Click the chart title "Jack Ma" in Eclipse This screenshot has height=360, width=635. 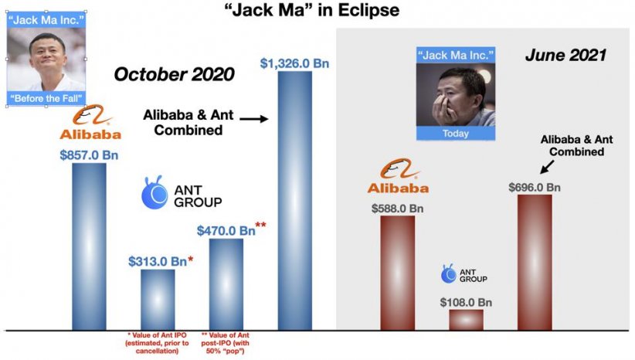pyautogui.click(x=312, y=10)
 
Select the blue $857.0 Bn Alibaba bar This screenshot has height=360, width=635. pyautogui.click(x=89, y=246)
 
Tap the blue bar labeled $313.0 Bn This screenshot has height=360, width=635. pyautogui.click(x=158, y=300)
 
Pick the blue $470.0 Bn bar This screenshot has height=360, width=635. pyautogui.click(x=226, y=285)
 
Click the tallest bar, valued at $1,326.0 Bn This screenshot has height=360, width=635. pyautogui.click(x=295, y=201)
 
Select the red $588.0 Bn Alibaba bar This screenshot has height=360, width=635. pyautogui.click(x=398, y=273)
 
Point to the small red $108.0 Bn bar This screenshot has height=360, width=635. pyautogui.click(x=466, y=320)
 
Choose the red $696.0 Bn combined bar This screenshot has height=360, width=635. pyautogui.click(x=535, y=263)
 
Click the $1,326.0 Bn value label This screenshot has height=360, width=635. pyautogui.click(x=294, y=63)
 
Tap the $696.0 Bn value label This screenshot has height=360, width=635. pyautogui.click(x=535, y=188)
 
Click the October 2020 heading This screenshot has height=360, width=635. pyautogui.click(x=174, y=74)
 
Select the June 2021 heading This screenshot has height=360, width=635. pyautogui.click(x=565, y=55)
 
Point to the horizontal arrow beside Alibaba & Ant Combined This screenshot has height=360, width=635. pyautogui.click(x=254, y=119)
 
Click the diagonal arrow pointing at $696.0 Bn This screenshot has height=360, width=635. pyautogui.click(x=548, y=167)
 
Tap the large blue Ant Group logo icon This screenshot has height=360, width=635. pyautogui.click(x=155, y=192)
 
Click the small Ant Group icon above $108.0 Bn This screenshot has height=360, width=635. pyautogui.click(x=448, y=273)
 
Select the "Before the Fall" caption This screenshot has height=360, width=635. pyautogui.click(x=46, y=98)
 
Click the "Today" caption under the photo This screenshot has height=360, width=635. pyautogui.click(x=456, y=134)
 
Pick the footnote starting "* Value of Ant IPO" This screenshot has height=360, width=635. pyautogui.click(x=157, y=343)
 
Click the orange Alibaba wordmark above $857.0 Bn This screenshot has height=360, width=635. pyautogui.click(x=90, y=134)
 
